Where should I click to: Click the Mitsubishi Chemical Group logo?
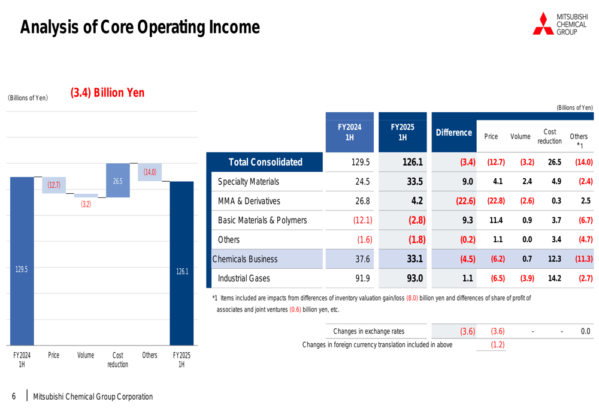coord(560,23)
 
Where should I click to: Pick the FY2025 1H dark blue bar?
coord(181,264)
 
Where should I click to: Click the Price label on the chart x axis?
coord(54,355)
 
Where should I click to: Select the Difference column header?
coord(453,133)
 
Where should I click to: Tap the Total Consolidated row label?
coord(265,162)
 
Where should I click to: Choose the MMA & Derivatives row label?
coord(249,201)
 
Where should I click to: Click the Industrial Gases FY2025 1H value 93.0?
coord(415,278)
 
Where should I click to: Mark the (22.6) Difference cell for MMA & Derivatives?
coord(465,201)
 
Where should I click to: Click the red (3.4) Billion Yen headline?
coord(107,93)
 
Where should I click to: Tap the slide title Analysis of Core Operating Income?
coord(140,27)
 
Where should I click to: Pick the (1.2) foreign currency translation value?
coord(497,344)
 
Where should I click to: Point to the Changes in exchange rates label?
coord(368,331)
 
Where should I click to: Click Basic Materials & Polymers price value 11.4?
coord(497,220)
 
